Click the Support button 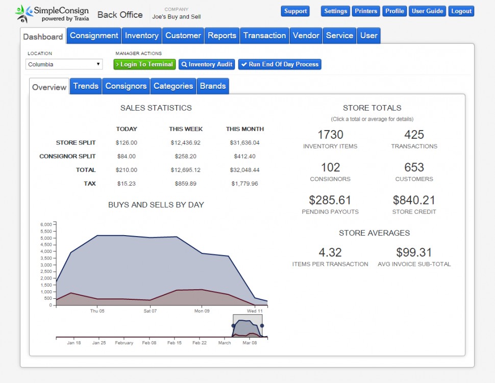pyautogui.click(x=295, y=11)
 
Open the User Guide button pyautogui.click(x=427, y=11)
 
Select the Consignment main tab pyautogui.click(x=94, y=36)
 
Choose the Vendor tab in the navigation pyautogui.click(x=306, y=36)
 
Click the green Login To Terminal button pyautogui.click(x=144, y=65)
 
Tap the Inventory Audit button pyautogui.click(x=207, y=65)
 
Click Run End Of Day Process pyautogui.click(x=280, y=65)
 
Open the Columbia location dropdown pyautogui.click(x=64, y=65)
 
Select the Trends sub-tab pyautogui.click(x=86, y=86)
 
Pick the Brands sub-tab pyautogui.click(x=213, y=86)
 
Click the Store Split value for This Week pyautogui.click(x=185, y=143)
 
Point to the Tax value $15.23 pyautogui.click(x=126, y=184)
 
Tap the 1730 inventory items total pyautogui.click(x=330, y=135)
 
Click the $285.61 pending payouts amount pyautogui.click(x=330, y=200)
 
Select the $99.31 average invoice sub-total pyautogui.click(x=414, y=252)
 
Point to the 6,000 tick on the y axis pyautogui.click(x=46, y=224)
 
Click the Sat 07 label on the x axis pyautogui.click(x=150, y=311)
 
